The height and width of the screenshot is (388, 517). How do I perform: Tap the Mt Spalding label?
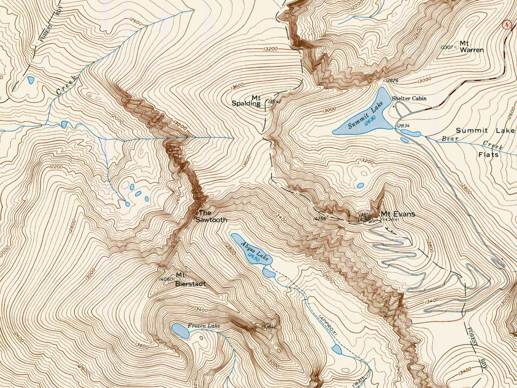(x=246, y=101)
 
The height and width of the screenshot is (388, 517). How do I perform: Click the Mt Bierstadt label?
(x=190, y=279)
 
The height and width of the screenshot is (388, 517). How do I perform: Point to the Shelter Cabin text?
(x=409, y=98)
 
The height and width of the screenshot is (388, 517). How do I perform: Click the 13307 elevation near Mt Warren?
(x=446, y=47)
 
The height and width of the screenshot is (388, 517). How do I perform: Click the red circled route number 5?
(x=506, y=25)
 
